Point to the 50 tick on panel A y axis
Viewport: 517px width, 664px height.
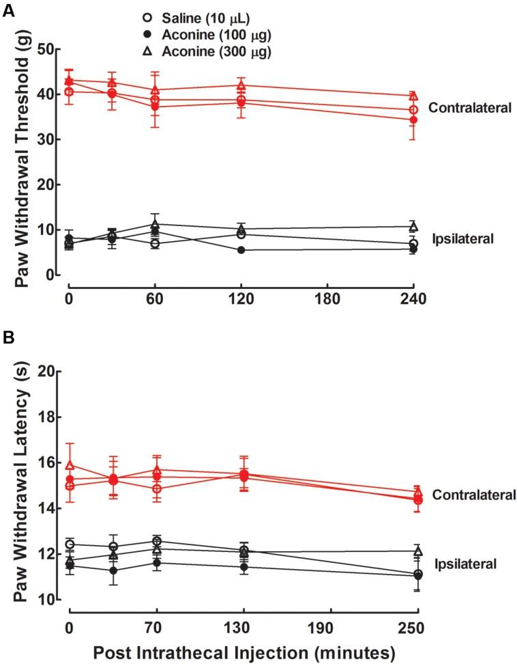pyautogui.click(x=45, y=49)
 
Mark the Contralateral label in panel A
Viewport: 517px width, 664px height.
pyautogui.click(x=470, y=108)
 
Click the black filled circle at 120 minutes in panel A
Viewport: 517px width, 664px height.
pyautogui.click(x=241, y=250)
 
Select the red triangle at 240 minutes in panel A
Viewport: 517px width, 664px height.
pyautogui.click(x=413, y=96)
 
